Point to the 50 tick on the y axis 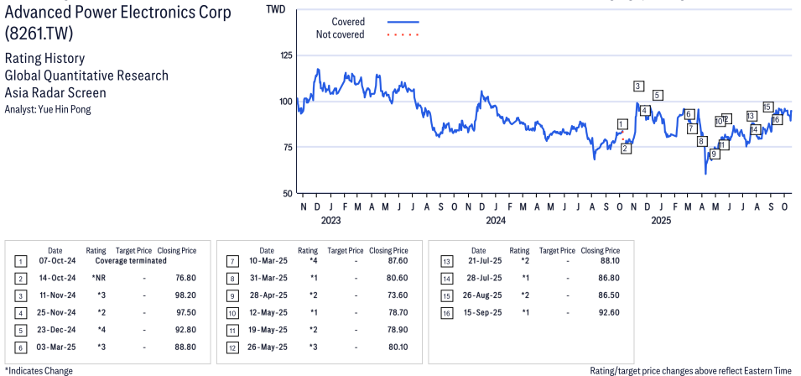pyautogui.click(x=289, y=193)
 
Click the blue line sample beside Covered pyautogui.click(x=403, y=21)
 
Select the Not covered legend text pyautogui.click(x=340, y=34)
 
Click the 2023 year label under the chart pyautogui.click(x=330, y=221)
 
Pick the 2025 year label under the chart pyautogui.click(x=662, y=221)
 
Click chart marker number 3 pyautogui.click(x=638, y=86)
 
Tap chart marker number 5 pyautogui.click(x=658, y=95)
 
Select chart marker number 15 pyautogui.click(x=767, y=107)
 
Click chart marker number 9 pyautogui.click(x=715, y=154)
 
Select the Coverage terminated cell pyautogui.click(x=125, y=261)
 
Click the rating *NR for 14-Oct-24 pyautogui.click(x=98, y=278)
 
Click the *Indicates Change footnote pyautogui.click(x=39, y=370)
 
